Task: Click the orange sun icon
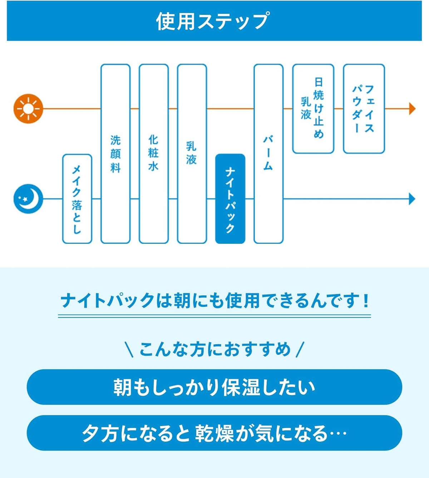point(28,108)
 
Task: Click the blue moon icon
point(28,199)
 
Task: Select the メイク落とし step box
point(77,199)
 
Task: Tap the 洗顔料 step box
point(115,154)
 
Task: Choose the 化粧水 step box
point(154,154)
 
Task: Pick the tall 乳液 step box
point(192,154)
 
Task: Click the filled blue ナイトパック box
point(230,199)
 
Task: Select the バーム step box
point(268,154)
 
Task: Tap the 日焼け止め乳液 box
point(313,108)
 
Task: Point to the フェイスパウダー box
point(364,108)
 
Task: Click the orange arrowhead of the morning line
point(412,108)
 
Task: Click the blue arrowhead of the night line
point(412,199)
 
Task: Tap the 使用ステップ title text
point(213,21)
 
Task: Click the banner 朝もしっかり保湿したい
point(214,387)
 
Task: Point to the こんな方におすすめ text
point(215,349)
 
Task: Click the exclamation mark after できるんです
point(366,300)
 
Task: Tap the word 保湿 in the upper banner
point(241,387)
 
